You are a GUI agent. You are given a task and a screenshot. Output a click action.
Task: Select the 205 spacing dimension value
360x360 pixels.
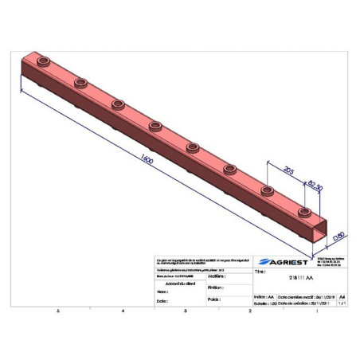(x=288, y=168)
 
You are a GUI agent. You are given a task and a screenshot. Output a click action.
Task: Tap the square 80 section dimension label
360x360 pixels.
(x=338, y=234)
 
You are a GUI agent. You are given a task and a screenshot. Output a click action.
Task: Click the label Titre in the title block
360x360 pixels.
(x=260, y=272)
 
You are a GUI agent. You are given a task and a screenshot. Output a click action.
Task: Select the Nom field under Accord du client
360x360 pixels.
(x=162, y=292)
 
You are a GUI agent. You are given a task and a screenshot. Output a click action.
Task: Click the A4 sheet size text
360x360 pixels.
(x=342, y=295)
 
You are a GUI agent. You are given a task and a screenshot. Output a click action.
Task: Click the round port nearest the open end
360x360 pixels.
(x=304, y=212)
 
